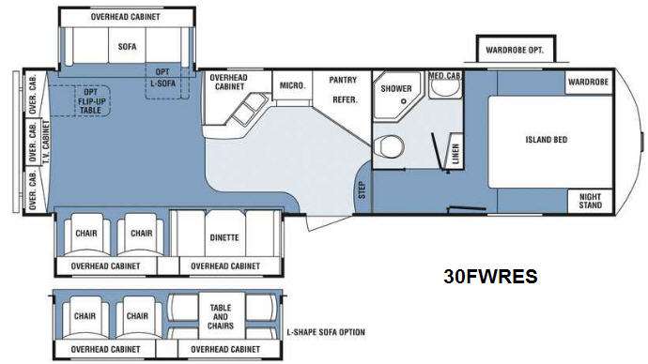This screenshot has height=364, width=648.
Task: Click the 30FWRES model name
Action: tap(490, 276)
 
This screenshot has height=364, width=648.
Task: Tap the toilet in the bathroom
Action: tap(390, 146)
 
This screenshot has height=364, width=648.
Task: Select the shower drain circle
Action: tap(403, 101)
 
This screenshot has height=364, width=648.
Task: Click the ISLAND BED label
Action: tap(547, 140)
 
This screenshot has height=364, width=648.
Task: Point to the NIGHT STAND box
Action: tap(590, 201)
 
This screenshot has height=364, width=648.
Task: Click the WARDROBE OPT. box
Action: tap(515, 50)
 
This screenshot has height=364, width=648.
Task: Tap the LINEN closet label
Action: tap(455, 154)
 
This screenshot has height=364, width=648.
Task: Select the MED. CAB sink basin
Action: tap(444, 88)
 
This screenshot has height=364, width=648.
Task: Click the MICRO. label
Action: tap(293, 85)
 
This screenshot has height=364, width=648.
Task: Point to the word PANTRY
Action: tap(343, 80)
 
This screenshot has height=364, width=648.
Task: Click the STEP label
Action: tap(362, 190)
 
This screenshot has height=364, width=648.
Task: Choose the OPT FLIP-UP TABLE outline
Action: tap(92, 101)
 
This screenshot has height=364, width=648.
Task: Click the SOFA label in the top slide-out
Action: tap(128, 47)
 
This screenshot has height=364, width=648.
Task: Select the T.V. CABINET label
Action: tap(46, 142)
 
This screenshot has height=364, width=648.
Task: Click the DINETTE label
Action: tap(224, 237)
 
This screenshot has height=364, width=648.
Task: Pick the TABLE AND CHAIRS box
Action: tap(222, 316)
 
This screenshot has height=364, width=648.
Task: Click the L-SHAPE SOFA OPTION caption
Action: tap(326, 332)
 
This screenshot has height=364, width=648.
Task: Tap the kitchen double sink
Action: tap(248, 108)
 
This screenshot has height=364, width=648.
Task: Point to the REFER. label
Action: tap(345, 99)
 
